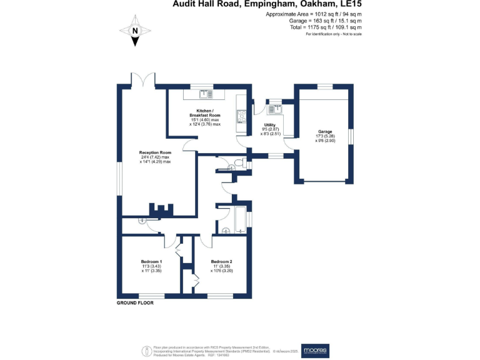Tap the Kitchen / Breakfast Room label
tap(205, 113)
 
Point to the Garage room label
tap(324, 131)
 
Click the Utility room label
tap(270, 125)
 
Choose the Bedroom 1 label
tap(151, 261)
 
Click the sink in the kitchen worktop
tap(204, 94)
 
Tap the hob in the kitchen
tap(241, 116)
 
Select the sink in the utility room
tap(274, 109)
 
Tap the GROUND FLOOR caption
tap(135, 302)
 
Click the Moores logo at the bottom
tap(315, 351)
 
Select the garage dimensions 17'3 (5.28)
tap(324, 136)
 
